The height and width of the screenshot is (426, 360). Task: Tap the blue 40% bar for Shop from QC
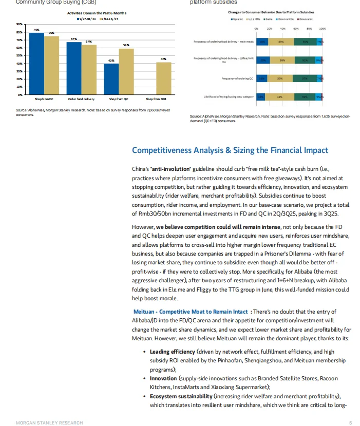coord(111,79)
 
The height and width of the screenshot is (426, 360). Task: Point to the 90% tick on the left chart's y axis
coord(18,24)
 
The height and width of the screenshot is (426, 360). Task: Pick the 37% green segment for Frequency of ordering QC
coord(305,79)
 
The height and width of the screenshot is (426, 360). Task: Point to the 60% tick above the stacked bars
coord(296,29)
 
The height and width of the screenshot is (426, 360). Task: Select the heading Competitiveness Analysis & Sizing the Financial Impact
coord(230,150)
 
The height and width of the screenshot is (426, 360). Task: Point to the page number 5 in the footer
coord(350,422)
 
